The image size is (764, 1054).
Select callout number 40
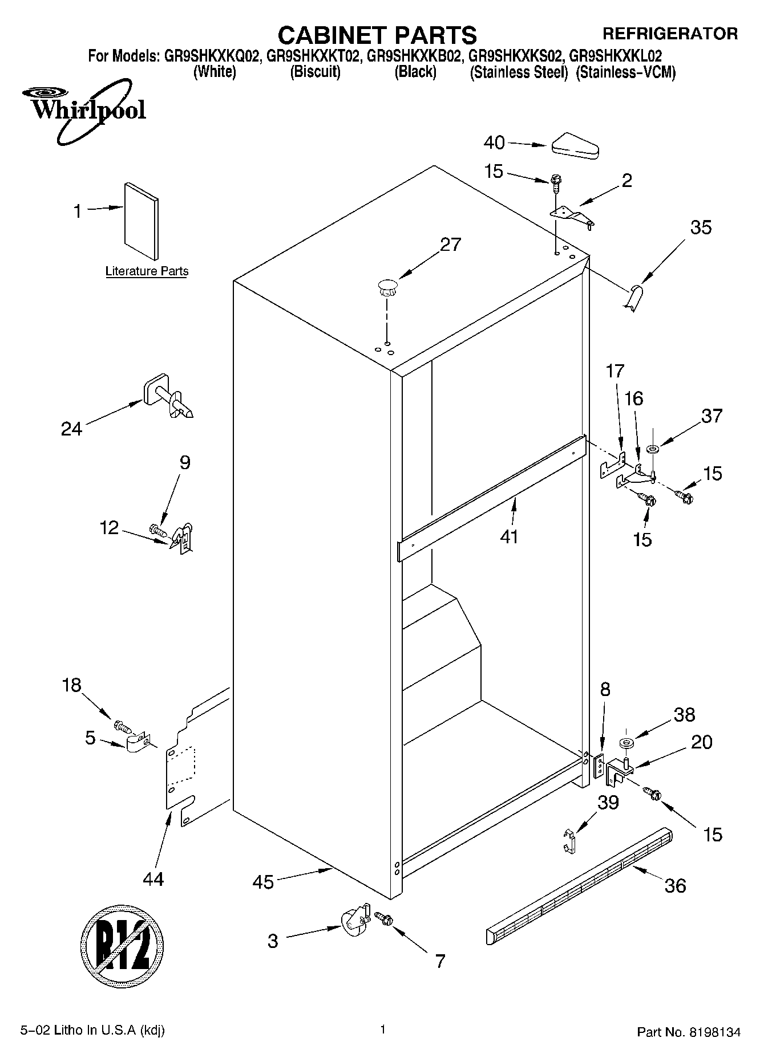point(494,143)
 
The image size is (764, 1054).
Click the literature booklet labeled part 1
point(142,219)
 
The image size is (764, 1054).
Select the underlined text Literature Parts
point(147,271)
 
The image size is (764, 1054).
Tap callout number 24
point(72,429)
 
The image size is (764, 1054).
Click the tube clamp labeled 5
point(137,743)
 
